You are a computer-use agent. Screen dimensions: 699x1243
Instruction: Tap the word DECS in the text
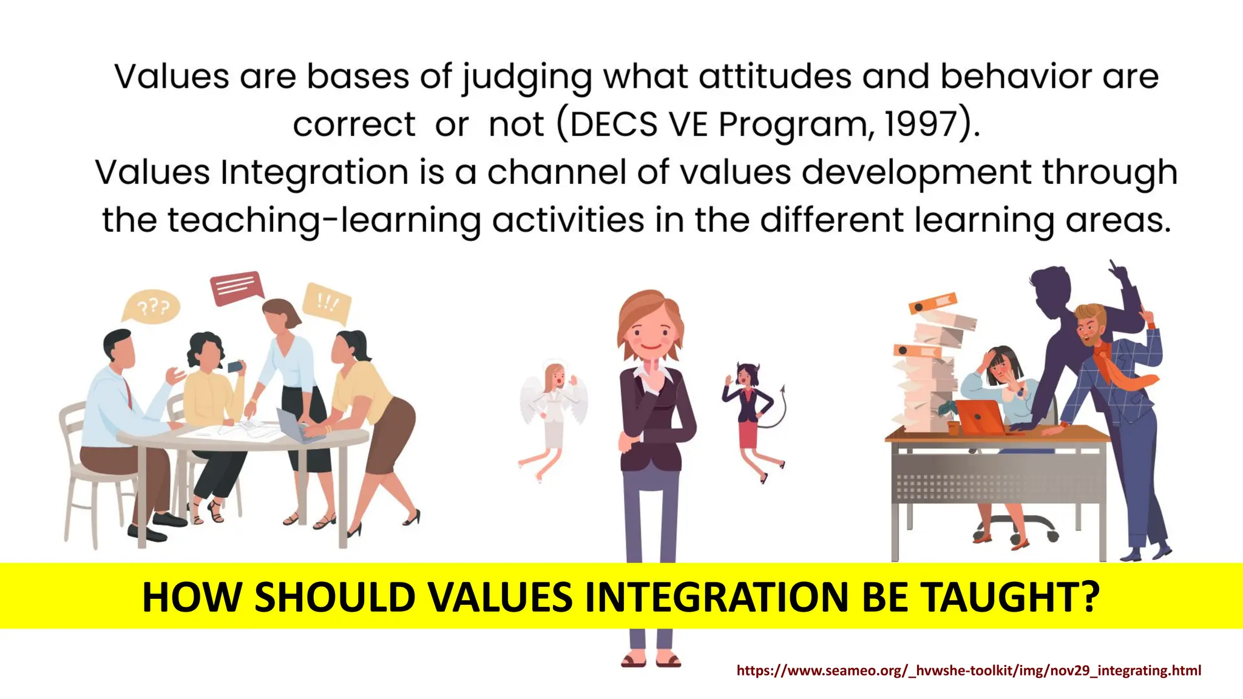(613, 124)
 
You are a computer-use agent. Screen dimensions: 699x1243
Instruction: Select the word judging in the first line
(526, 78)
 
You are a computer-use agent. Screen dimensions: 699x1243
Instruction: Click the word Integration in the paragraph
(314, 172)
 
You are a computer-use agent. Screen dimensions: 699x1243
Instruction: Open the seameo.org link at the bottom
(969, 670)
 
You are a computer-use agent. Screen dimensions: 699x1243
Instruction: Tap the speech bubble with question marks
(152, 307)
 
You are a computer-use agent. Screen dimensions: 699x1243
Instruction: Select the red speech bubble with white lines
(236, 286)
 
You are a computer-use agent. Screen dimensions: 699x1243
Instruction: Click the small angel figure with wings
(554, 413)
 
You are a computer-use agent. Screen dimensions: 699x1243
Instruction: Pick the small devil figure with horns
(750, 413)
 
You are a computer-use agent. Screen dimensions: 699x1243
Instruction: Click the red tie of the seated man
(128, 392)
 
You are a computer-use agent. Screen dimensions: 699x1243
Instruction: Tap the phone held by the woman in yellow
(234, 366)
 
